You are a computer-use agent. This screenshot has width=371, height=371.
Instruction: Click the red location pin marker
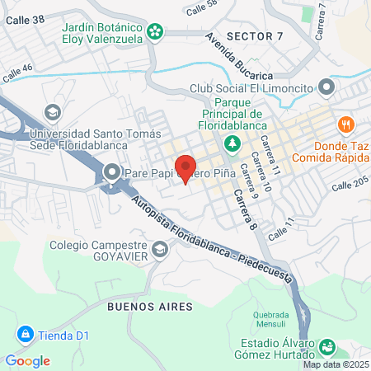185,167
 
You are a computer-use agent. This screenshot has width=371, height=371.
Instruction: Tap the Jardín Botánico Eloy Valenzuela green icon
153,32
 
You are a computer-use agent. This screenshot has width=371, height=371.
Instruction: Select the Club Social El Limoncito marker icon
326,87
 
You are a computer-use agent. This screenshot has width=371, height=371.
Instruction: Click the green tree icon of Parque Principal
232,143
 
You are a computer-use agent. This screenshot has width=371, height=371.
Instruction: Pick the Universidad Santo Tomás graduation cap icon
53,111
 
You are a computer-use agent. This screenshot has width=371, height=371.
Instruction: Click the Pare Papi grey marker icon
112,173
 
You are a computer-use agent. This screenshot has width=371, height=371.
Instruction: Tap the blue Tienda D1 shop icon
25,336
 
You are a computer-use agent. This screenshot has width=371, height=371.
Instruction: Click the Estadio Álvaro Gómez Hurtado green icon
327,346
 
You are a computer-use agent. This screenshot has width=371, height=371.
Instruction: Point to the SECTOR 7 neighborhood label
254,37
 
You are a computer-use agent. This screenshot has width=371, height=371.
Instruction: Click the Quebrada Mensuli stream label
270,319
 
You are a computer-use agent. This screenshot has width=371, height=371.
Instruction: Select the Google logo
27,360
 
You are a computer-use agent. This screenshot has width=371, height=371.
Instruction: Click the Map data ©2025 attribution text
335,364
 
